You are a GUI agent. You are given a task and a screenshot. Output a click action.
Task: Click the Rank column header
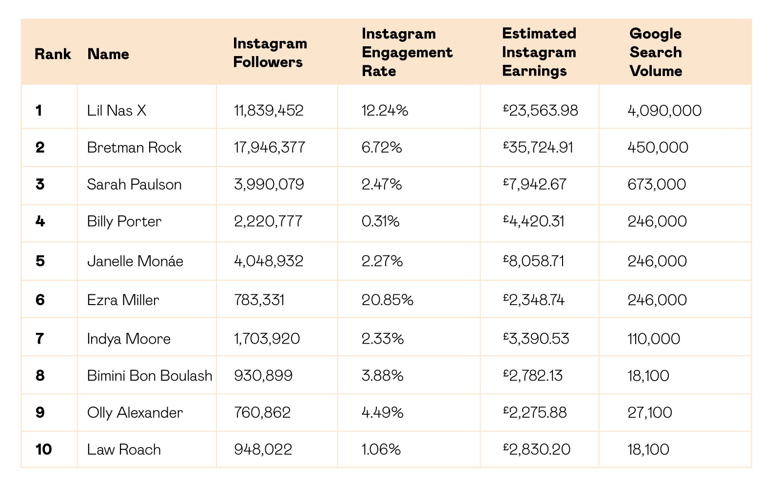click(53, 54)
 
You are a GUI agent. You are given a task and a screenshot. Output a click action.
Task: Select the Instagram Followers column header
click(270, 53)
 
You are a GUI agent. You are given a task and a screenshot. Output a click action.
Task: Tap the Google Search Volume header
click(656, 52)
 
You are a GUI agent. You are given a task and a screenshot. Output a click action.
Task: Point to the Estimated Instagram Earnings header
click(539, 52)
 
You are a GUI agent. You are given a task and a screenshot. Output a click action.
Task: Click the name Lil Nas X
click(117, 111)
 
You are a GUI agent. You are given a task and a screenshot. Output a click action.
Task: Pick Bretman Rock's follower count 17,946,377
click(270, 147)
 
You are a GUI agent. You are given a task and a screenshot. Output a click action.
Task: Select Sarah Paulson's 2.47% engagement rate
click(382, 184)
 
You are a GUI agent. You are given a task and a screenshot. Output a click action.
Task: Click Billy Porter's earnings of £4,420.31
click(533, 221)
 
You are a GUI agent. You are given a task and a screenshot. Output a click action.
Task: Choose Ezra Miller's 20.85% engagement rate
click(387, 300)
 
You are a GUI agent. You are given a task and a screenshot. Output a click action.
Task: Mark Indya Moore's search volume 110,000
click(654, 338)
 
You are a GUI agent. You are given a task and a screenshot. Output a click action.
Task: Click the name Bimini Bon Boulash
click(150, 376)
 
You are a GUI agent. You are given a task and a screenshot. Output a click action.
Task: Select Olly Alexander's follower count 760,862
click(262, 413)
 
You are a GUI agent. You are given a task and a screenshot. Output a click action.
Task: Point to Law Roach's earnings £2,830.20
click(537, 449)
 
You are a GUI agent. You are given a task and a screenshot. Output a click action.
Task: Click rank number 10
click(43, 449)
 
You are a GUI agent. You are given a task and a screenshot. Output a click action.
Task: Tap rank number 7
click(39, 338)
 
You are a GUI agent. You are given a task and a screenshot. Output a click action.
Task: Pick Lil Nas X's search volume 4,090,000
click(664, 111)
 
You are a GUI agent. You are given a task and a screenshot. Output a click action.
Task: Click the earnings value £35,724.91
click(538, 147)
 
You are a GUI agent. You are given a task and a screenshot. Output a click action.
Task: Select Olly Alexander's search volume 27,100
click(649, 413)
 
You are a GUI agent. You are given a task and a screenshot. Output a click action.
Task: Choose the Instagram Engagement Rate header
click(407, 52)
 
